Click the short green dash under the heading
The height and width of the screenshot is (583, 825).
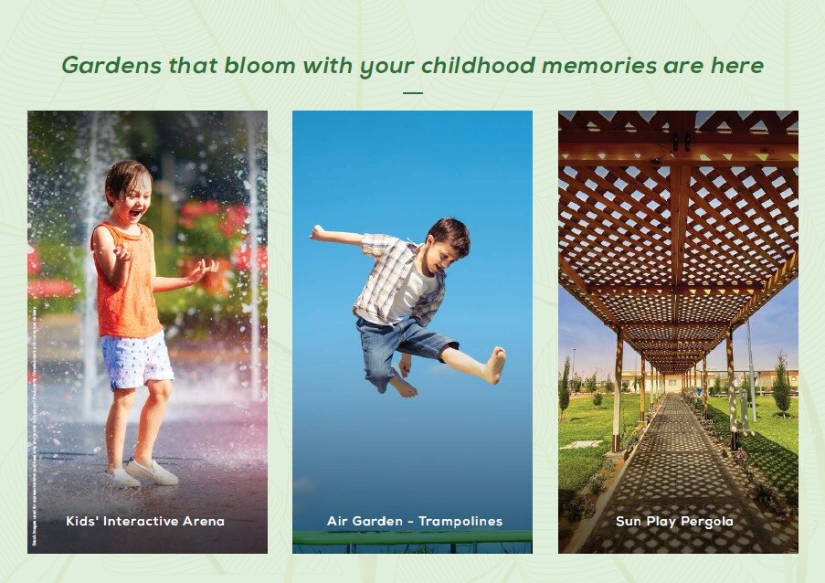pyautogui.click(x=413, y=92)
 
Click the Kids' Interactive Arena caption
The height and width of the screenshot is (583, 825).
pyautogui.click(x=145, y=522)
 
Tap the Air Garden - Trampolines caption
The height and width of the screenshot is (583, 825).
pyautogui.click(x=415, y=522)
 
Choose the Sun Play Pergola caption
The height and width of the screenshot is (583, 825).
pyautogui.click(x=674, y=522)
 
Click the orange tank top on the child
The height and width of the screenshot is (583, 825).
pyautogui.click(x=128, y=292)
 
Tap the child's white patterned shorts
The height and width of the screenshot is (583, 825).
pyautogui.click(x=137, y=359)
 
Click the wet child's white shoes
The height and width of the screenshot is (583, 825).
pyautogui.click(x=151, y=472)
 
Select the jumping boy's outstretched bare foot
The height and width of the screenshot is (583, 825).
pyautogui.click(x=494, y=366)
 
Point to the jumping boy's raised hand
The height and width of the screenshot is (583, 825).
pyautogui.click(x=317, y=232)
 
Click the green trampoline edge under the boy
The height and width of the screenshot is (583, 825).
pyautogui.click(x=412, y=537)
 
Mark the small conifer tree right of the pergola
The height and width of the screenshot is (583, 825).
pyautogui.click(x=781, y=384)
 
